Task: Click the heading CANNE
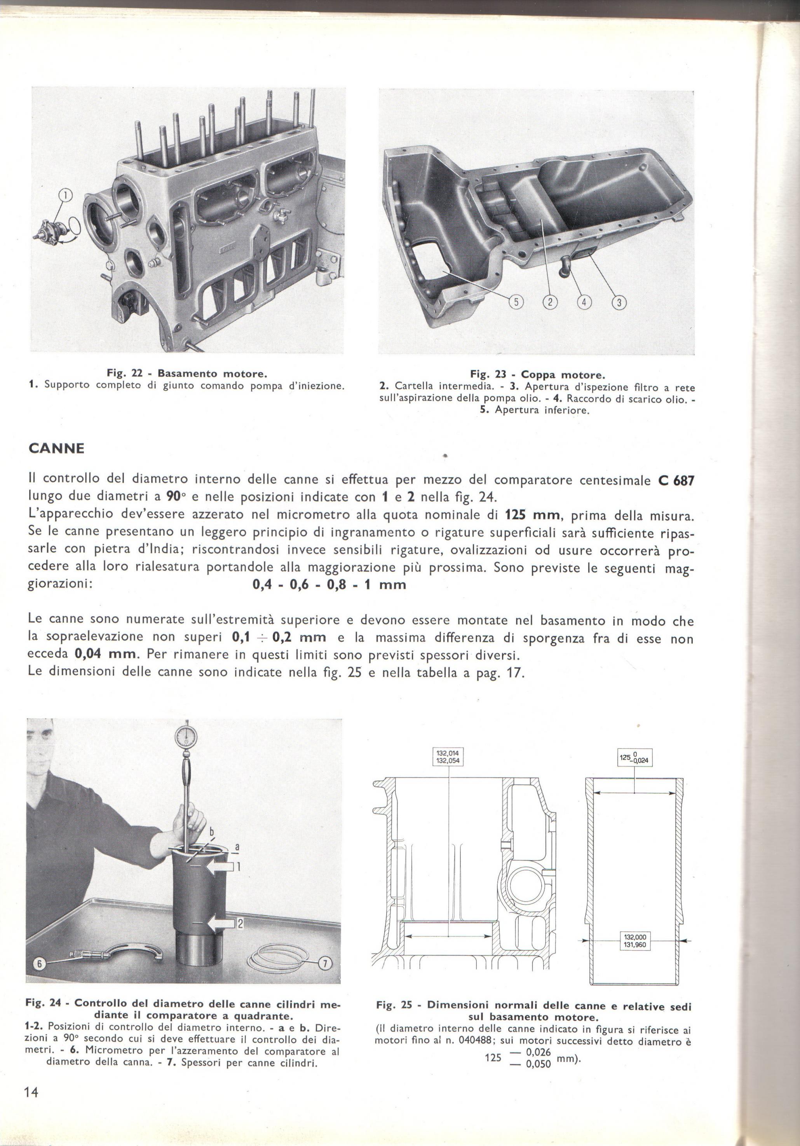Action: (57, 448)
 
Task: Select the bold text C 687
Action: (676, 480)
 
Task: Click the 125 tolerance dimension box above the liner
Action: (635, 771)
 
